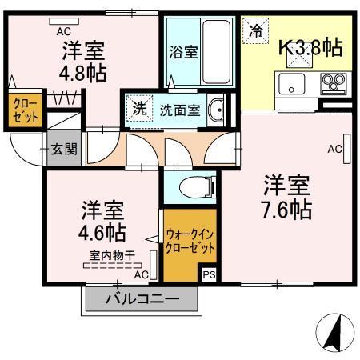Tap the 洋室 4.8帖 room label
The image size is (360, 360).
coord(84,59)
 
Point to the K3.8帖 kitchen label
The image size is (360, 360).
coord(310,47)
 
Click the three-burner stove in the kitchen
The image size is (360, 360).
coord(333,82)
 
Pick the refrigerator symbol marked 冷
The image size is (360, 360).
coord(255,31)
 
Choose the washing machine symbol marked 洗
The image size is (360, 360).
coord(139,110)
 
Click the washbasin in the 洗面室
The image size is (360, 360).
coord(214,110)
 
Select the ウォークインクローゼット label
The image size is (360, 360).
coord(190,242)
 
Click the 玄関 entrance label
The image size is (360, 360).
coord(62,148)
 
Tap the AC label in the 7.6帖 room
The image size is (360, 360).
coord(334,149)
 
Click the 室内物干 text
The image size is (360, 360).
coord(110,257)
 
